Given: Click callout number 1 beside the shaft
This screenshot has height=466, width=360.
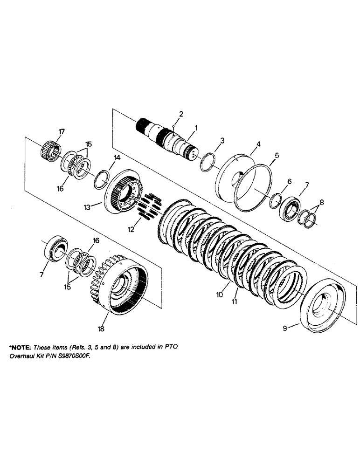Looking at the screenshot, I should [196, 127].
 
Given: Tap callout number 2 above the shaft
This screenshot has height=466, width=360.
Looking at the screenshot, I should [181, 114].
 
